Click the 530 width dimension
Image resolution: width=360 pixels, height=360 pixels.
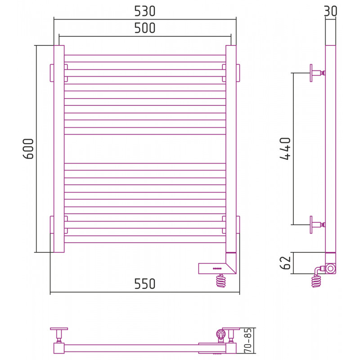(144, 11)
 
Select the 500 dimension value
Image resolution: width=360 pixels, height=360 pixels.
(144, 28)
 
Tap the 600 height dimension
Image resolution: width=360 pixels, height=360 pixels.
(28, 148)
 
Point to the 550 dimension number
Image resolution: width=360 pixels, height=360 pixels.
(144, 284)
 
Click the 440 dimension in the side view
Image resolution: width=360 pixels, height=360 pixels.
(285, 148)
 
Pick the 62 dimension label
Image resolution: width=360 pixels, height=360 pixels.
(285, 263)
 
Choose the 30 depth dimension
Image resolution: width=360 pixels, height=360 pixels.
(330, 11)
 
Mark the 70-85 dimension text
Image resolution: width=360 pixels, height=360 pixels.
(248, 341)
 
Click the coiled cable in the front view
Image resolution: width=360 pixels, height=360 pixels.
(221, 281)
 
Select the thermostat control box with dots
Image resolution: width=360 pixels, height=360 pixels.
(217, 268)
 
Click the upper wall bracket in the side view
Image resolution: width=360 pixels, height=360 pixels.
(317, 73)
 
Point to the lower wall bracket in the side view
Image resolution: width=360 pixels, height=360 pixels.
(317, 225)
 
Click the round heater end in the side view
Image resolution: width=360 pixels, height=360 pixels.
(331, 268)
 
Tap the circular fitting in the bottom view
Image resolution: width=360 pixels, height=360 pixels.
(220, 333)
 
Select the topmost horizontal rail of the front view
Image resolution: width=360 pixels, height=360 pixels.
(145, 58)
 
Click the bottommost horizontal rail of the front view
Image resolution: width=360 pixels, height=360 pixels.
(145, 239)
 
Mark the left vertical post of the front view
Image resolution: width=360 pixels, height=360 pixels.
(59, 149)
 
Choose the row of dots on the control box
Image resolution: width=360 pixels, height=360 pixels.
(217, 269)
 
